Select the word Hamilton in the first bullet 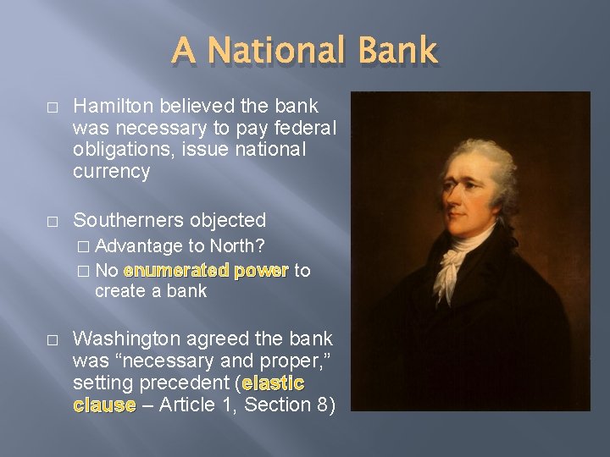[x=112, y=106]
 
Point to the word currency [x=111, y=172]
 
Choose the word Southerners [x=127, y=220]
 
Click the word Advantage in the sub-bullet [x=140, y=246]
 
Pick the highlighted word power [x=263, y=271]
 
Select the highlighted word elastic [x=273, y=383]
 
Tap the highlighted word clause [x=104, y=405]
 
